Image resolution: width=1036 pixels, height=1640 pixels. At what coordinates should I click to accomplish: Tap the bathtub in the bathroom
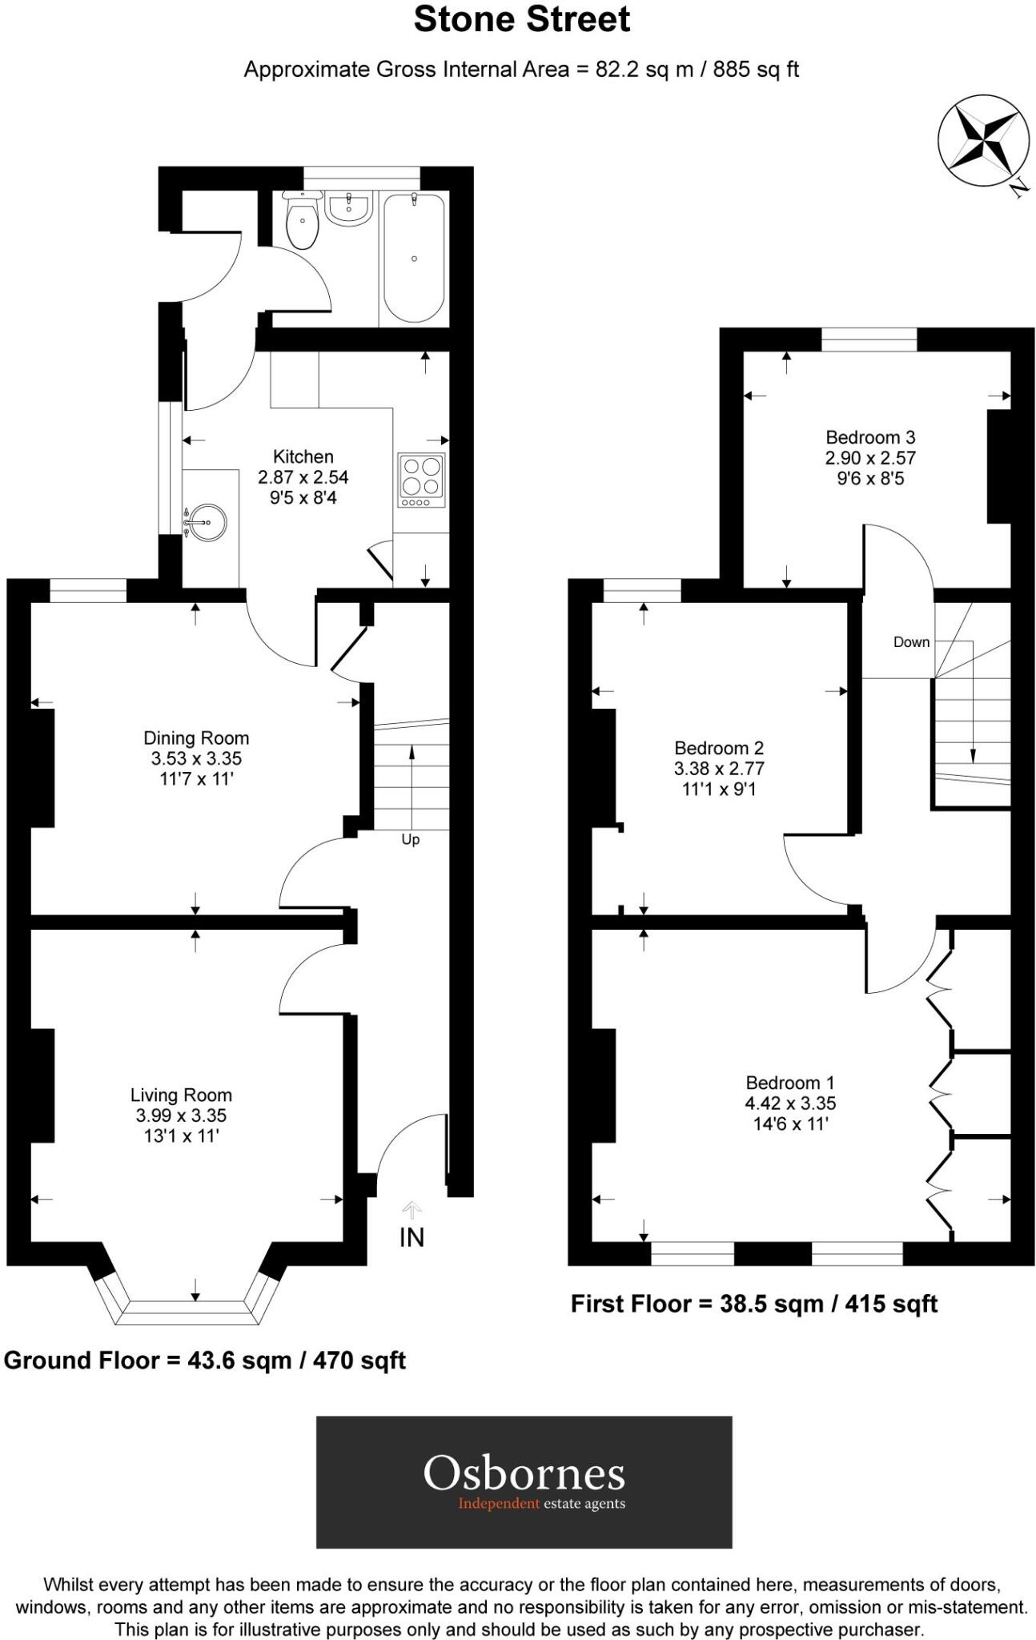pyautogui.click(x=413, y=258)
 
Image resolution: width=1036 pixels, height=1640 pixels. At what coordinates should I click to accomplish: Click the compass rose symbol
pyautogui.click(x=982, y=141)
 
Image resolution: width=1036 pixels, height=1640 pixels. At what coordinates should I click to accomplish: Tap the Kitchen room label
pyautogui.click(x=303, y=456)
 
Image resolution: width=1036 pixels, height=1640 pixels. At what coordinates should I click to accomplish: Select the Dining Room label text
pyautogui.click(x=196, y=738)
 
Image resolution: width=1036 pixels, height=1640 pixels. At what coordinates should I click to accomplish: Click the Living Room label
pyautogui.click(x=181, y=1095)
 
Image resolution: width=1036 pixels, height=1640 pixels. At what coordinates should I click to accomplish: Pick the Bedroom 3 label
pyautogui.click(x=870, y=437)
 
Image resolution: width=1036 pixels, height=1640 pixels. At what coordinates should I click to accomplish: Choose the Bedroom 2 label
pyautogui.click(x=719, y=748)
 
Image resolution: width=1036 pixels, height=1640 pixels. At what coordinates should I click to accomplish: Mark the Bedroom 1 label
pyautogui.click(x=790, y=1083)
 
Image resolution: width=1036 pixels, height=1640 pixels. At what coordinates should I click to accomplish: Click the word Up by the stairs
pyautogui.click(x=411, y=839)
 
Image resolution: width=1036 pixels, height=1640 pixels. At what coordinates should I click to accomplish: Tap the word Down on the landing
pyautogui.click(x=911, y=641)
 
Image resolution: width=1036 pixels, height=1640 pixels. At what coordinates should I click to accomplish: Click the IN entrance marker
pyautogui.click(x=412, y=1237)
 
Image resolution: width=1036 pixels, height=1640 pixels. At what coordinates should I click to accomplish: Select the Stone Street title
pyautogui.click(x=521, y=20)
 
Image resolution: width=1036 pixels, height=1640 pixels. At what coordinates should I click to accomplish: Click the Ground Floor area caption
pyautogui.click(x=205, y=1360)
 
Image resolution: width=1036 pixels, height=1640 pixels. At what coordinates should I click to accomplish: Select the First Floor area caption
pyautogui.click(x=753, y=1304)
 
